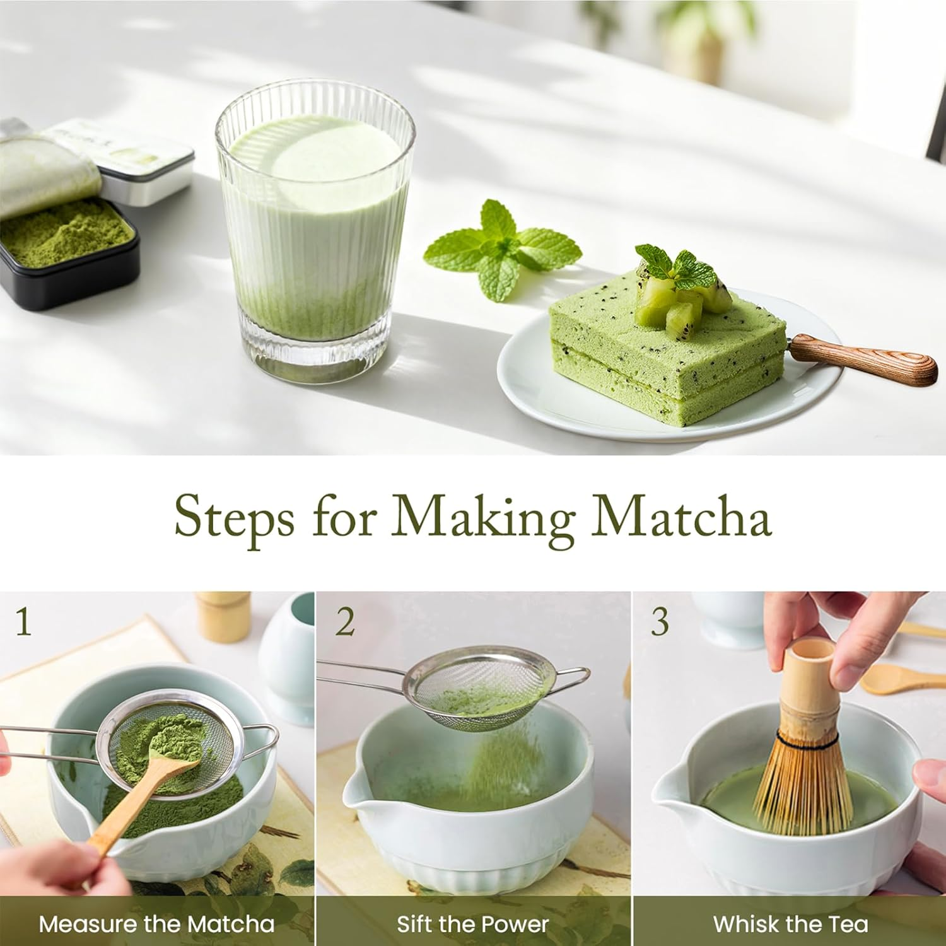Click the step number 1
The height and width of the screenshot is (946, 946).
(23, 622)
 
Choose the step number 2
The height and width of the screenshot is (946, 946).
(345, 622)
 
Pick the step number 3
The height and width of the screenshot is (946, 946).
(660, 622)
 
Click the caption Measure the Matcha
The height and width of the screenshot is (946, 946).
(156, 925)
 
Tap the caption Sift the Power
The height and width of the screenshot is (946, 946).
(472, 925)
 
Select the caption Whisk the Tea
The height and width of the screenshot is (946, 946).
(790, 925)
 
